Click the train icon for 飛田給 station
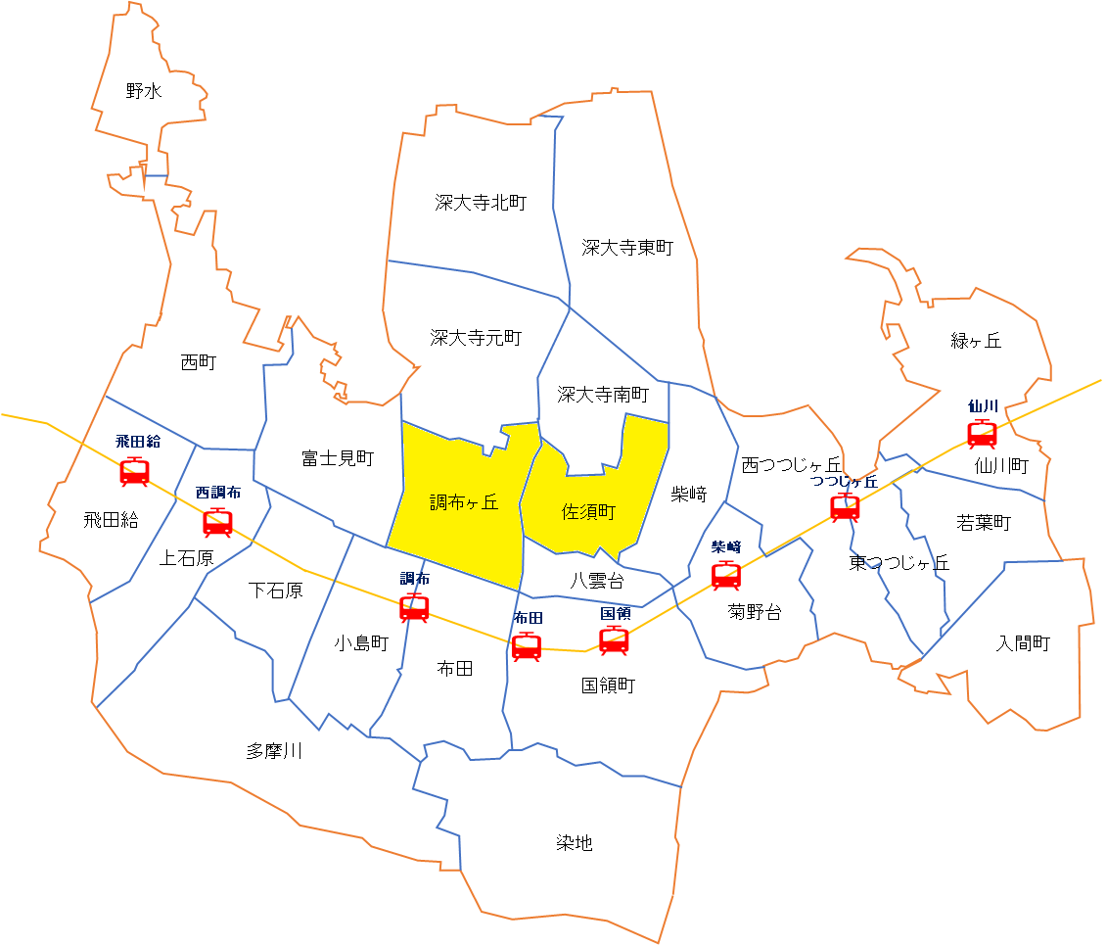click(134, 472)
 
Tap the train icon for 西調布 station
click(217, 523)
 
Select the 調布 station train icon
click(414, 608)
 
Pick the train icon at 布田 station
click(527, 646)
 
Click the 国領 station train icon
click(614, 639)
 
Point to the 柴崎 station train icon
click(726, 576)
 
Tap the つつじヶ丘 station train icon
click(845, 507)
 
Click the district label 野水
click(144, 91)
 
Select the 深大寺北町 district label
click(481, 203)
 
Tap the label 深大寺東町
click(627, 248)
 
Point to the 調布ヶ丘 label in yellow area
click(464, 502)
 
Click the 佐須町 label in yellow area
click(588, 512)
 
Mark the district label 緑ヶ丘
click(976, 341)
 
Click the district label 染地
click(575, 842)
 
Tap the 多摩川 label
click(274, 751)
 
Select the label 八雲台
click(597, 580)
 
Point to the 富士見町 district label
click(338, 457)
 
